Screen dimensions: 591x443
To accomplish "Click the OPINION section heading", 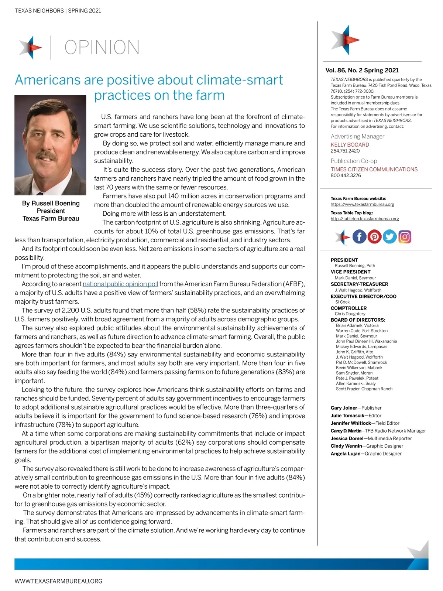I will pyautogui.click(x=102, y=47).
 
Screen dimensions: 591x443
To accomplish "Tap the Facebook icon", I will pyautogui.click(x=359, y=236).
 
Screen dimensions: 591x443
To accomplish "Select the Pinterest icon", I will pyautogui.click(x=374, y=236).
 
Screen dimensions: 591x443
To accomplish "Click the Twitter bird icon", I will pyautogui.click(x=389, y=236).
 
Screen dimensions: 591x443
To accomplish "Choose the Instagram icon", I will pyautogui.click(x=405, y=236).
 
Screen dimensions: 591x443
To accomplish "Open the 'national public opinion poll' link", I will pyautogui.click(x=120, y=284).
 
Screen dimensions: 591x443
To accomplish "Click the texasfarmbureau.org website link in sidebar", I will pyautogui.click(x=362, y=204).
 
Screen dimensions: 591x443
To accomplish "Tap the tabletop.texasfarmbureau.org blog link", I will pyautogui.click(x=364, y=219).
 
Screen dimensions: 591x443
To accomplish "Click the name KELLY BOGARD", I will pyautogui.click(x=350, y=145).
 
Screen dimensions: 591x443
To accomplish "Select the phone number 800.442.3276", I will pyautogui.click(x=346, y=175).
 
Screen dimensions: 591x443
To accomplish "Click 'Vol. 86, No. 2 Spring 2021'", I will pyautogui.click(x=362, y=70).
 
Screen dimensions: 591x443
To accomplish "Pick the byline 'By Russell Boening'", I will pyautogui.click(x=51, y=203).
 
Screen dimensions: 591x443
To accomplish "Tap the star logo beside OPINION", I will pyautogui.click(x=31, y=47).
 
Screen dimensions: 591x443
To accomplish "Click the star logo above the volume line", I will pyautogui.click(x=344, y=39).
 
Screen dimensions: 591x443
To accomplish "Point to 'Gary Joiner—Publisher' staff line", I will pyautogui.click(x=356, y=408).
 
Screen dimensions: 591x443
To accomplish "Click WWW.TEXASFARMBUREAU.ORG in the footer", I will pyautogui.click(x=58, y=581).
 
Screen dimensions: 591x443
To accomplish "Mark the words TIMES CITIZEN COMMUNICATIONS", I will pyautogui.click(x=374, y=169).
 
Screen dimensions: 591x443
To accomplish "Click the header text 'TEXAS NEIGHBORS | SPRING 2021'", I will pyautogui.click(x=58, y=11).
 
